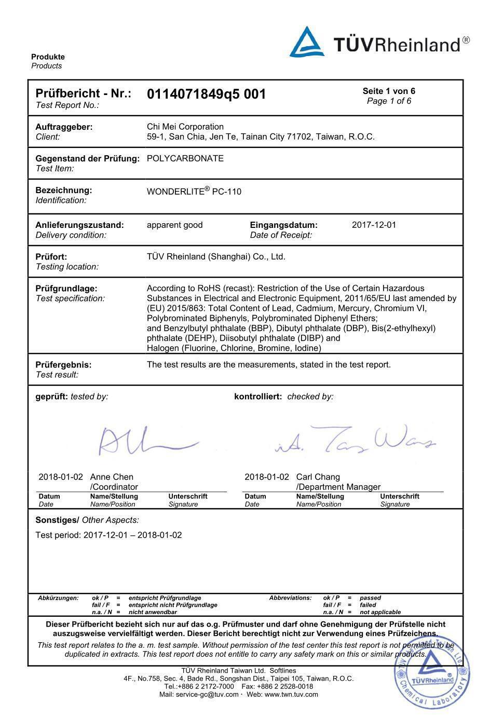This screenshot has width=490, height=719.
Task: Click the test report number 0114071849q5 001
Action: pos(206,94)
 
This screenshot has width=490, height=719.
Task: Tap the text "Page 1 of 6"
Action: pos(389,101)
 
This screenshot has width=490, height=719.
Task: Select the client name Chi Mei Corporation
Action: pos(185,127)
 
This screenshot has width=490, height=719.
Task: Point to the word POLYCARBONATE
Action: pos(185,158)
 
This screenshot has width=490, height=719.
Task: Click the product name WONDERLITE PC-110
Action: pos(194,191)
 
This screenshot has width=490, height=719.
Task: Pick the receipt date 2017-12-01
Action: pos(374,225)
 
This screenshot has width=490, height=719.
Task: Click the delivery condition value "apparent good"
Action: pos(174,225)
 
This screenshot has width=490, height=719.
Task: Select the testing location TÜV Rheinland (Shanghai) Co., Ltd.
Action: pos(216,256)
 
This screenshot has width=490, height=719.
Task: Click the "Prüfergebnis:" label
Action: pos(63,364)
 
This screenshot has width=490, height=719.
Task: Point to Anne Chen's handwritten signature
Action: pos(145,441)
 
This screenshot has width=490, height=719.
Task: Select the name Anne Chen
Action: pos(112,477)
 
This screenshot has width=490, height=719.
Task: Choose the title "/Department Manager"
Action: pos(338,487)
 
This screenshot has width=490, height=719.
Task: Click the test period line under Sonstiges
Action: pos(108,535)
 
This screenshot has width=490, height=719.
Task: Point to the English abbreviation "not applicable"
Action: pos(380,612)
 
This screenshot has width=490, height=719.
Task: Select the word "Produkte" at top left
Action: pos(48,57)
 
